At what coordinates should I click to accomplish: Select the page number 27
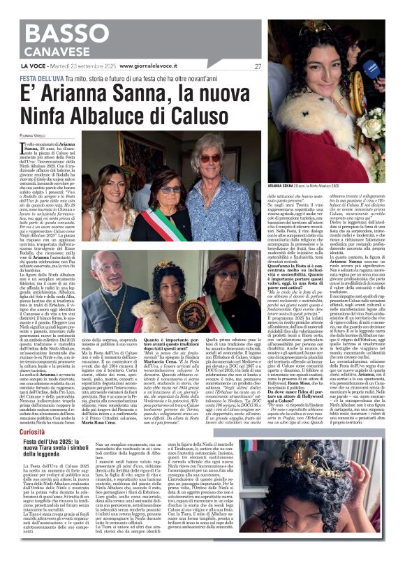[258, 66]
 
